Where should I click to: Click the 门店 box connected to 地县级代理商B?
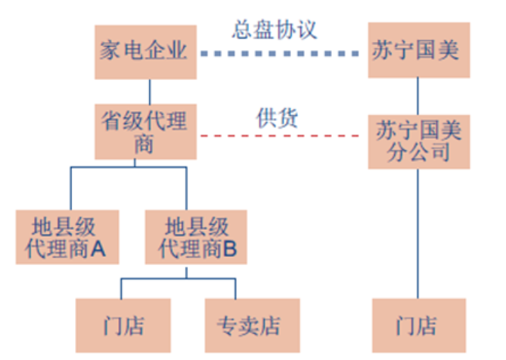tap(123, 327)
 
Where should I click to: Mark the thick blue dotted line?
tap(283, 54)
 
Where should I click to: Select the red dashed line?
tap(283, 136)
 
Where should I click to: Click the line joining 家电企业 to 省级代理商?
tap(148, 91)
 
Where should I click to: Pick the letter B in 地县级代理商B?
tap(231, 247)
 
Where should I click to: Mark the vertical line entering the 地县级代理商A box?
tap(70, 189)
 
